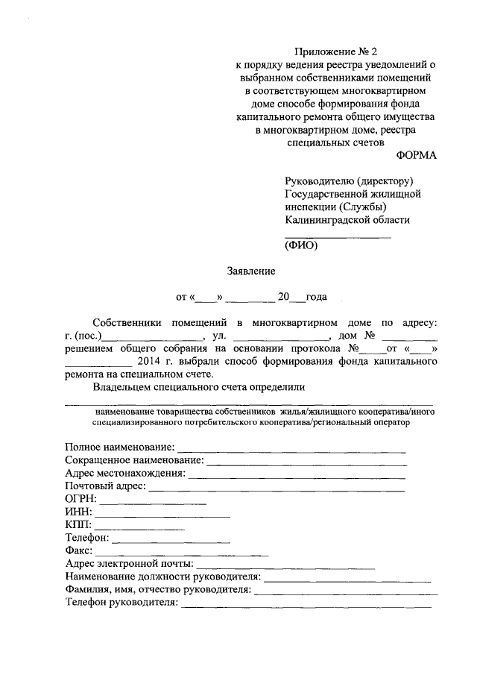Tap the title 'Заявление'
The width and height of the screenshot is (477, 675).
(x=251, y=271)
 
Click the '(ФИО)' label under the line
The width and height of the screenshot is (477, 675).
(x=301, y=245)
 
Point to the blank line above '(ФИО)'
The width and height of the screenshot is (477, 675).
(x=338, y=236)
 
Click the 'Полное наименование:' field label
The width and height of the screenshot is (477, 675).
(x=119, y=448)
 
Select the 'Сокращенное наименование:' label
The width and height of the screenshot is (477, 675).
(x=134, y=460)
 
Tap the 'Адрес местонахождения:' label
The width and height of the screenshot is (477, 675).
(x=124, y=474)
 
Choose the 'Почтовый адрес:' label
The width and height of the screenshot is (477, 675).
(x=105, y=486)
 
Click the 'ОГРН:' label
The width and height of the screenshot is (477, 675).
(x=80, y=499)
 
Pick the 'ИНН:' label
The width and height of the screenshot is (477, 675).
(x=78, y=512)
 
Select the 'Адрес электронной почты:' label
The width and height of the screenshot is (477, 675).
(x=129, y=564)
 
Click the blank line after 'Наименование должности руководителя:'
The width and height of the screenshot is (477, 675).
(x=347, y=580)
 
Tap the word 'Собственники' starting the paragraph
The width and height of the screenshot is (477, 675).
(x=129, y=322)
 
